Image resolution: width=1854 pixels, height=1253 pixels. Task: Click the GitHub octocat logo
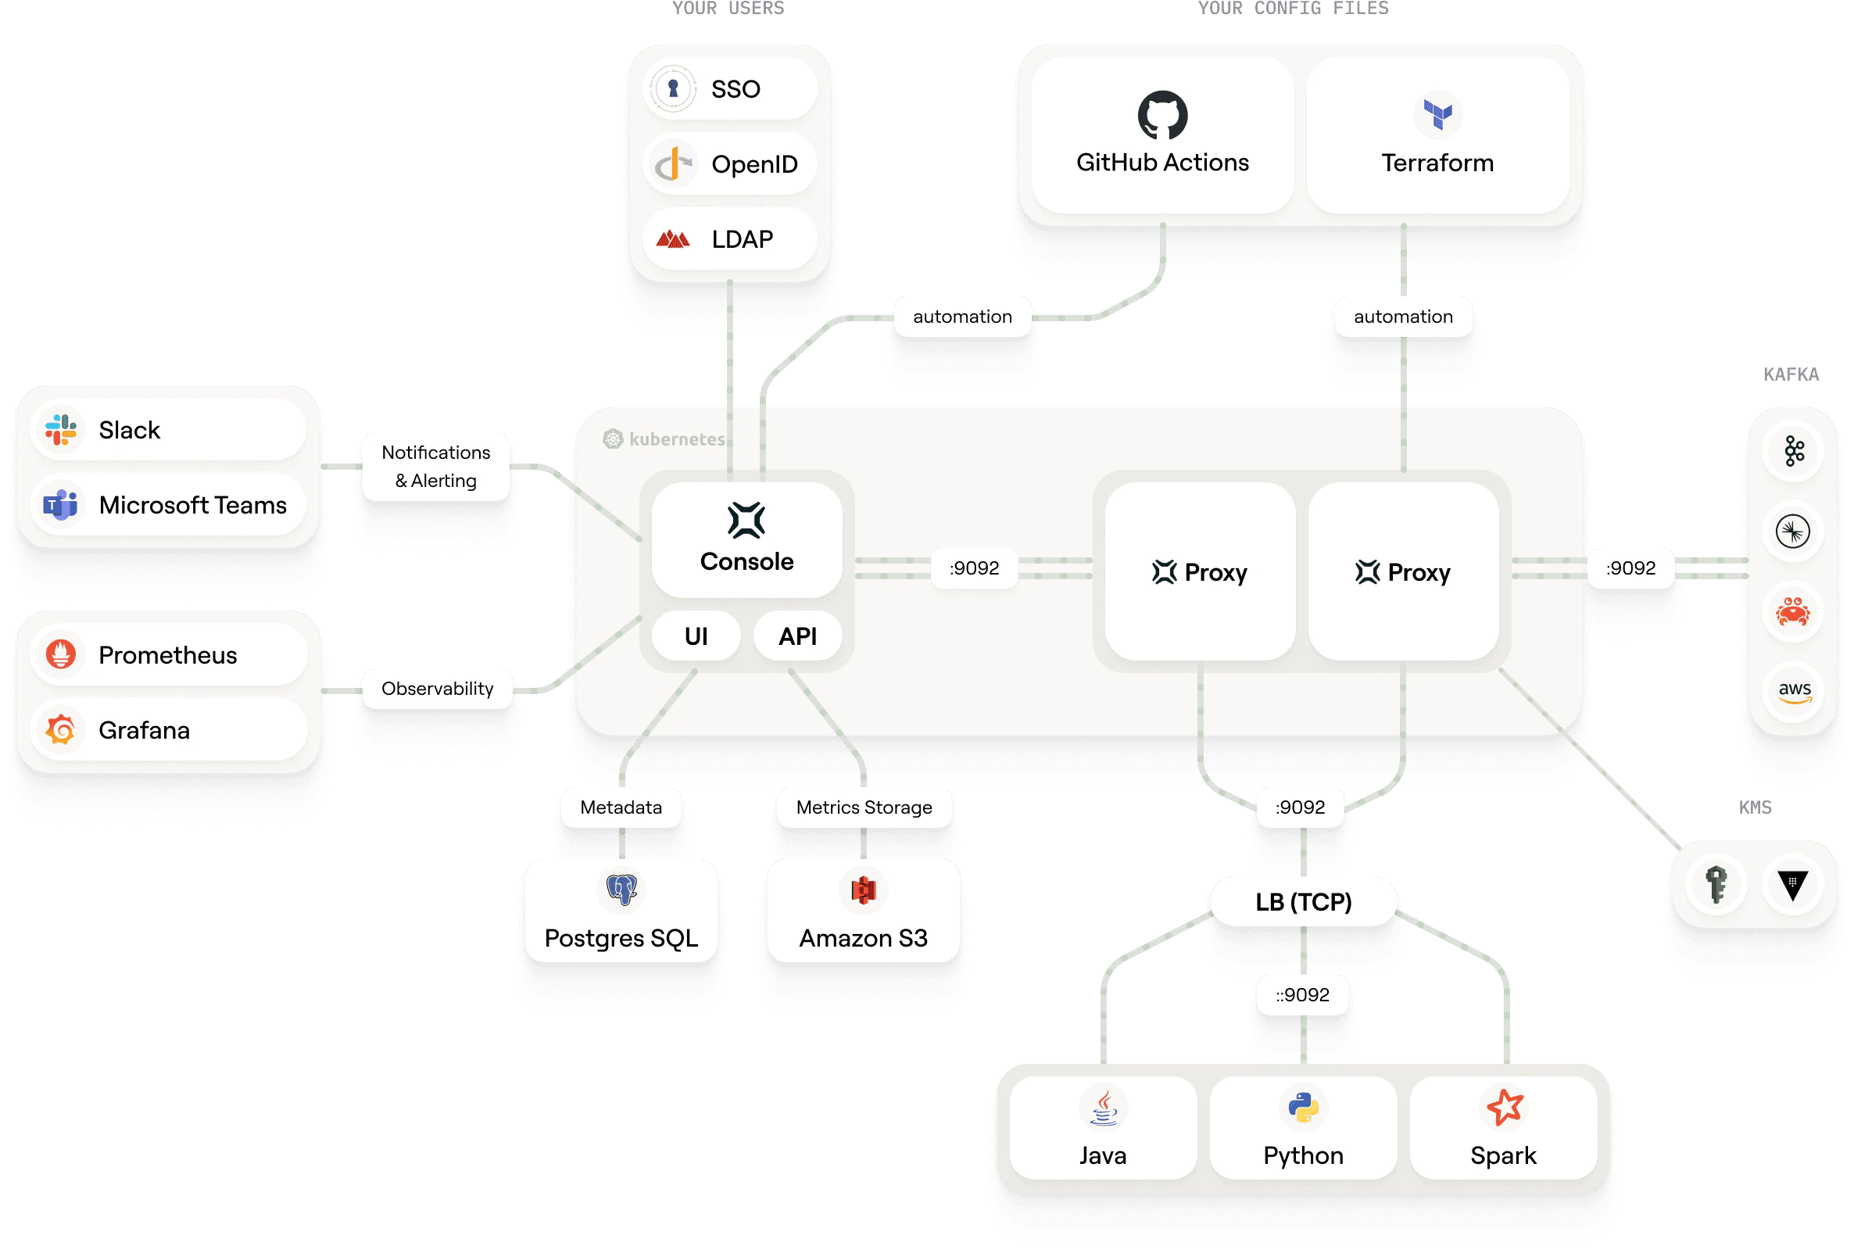coord(1162,115)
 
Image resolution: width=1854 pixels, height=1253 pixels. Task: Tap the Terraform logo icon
coord(1437,114)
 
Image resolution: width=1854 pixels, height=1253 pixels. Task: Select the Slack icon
coord(61,430)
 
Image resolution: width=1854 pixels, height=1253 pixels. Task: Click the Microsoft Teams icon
coord(61,505)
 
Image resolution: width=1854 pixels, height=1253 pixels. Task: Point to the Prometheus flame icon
coord(61,654)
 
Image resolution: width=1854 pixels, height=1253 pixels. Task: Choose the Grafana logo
coord(61,729)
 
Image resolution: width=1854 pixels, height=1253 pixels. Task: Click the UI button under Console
coord(696,635)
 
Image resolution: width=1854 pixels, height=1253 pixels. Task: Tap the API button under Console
coord(798,635)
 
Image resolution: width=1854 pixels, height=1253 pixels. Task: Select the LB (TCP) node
coord(1303,902)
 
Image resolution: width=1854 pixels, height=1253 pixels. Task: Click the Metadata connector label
coord(621,807)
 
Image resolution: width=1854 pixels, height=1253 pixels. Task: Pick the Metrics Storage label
coord(864,807)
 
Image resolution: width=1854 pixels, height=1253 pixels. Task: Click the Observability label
coord(437,688)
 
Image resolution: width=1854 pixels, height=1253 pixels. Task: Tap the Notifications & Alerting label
coord(435,467)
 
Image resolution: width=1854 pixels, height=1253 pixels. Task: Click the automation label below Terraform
coord(1402,317)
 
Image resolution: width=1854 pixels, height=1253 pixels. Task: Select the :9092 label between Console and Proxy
coord(974,568)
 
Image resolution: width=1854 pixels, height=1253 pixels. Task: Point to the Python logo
coord(1303,1107)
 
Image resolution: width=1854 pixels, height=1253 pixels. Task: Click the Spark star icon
coord(1504,1107)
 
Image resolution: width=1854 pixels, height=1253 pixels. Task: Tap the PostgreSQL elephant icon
coord(621,889)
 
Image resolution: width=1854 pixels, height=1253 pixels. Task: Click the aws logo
coord(1794,691)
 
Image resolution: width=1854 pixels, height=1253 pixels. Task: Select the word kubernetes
coord(677,439)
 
